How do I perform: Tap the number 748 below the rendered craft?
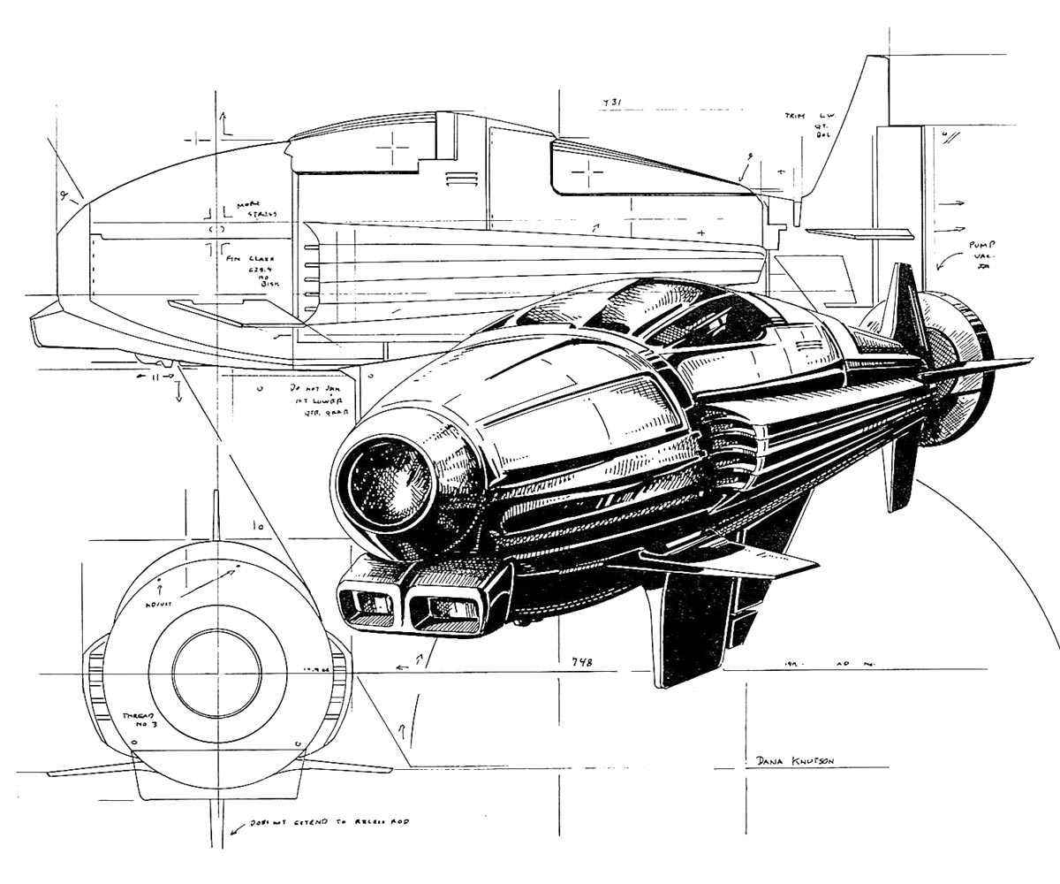[581, 662]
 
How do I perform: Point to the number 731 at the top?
[612, 103]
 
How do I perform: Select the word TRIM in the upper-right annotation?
[796, 116]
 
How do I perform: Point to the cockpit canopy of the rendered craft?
[671, 318]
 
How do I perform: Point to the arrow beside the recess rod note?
[237, 829]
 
